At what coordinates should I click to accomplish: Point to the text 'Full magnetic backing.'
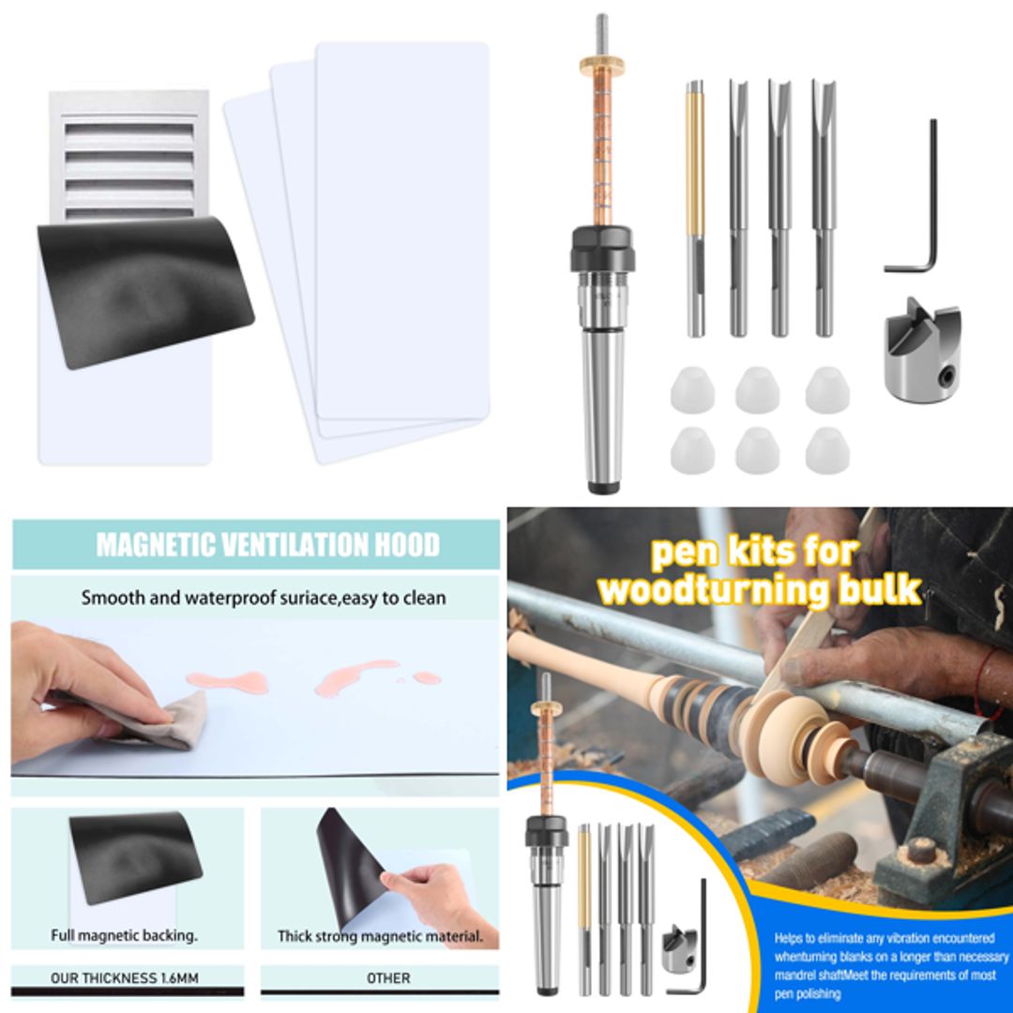(x=124, y=935)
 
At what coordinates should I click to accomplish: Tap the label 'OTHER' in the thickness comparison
(x=388, y=977)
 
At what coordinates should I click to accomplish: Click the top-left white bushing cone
(x=692, y=388)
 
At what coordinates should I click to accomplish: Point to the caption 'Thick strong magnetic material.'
(x=380, y=936)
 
